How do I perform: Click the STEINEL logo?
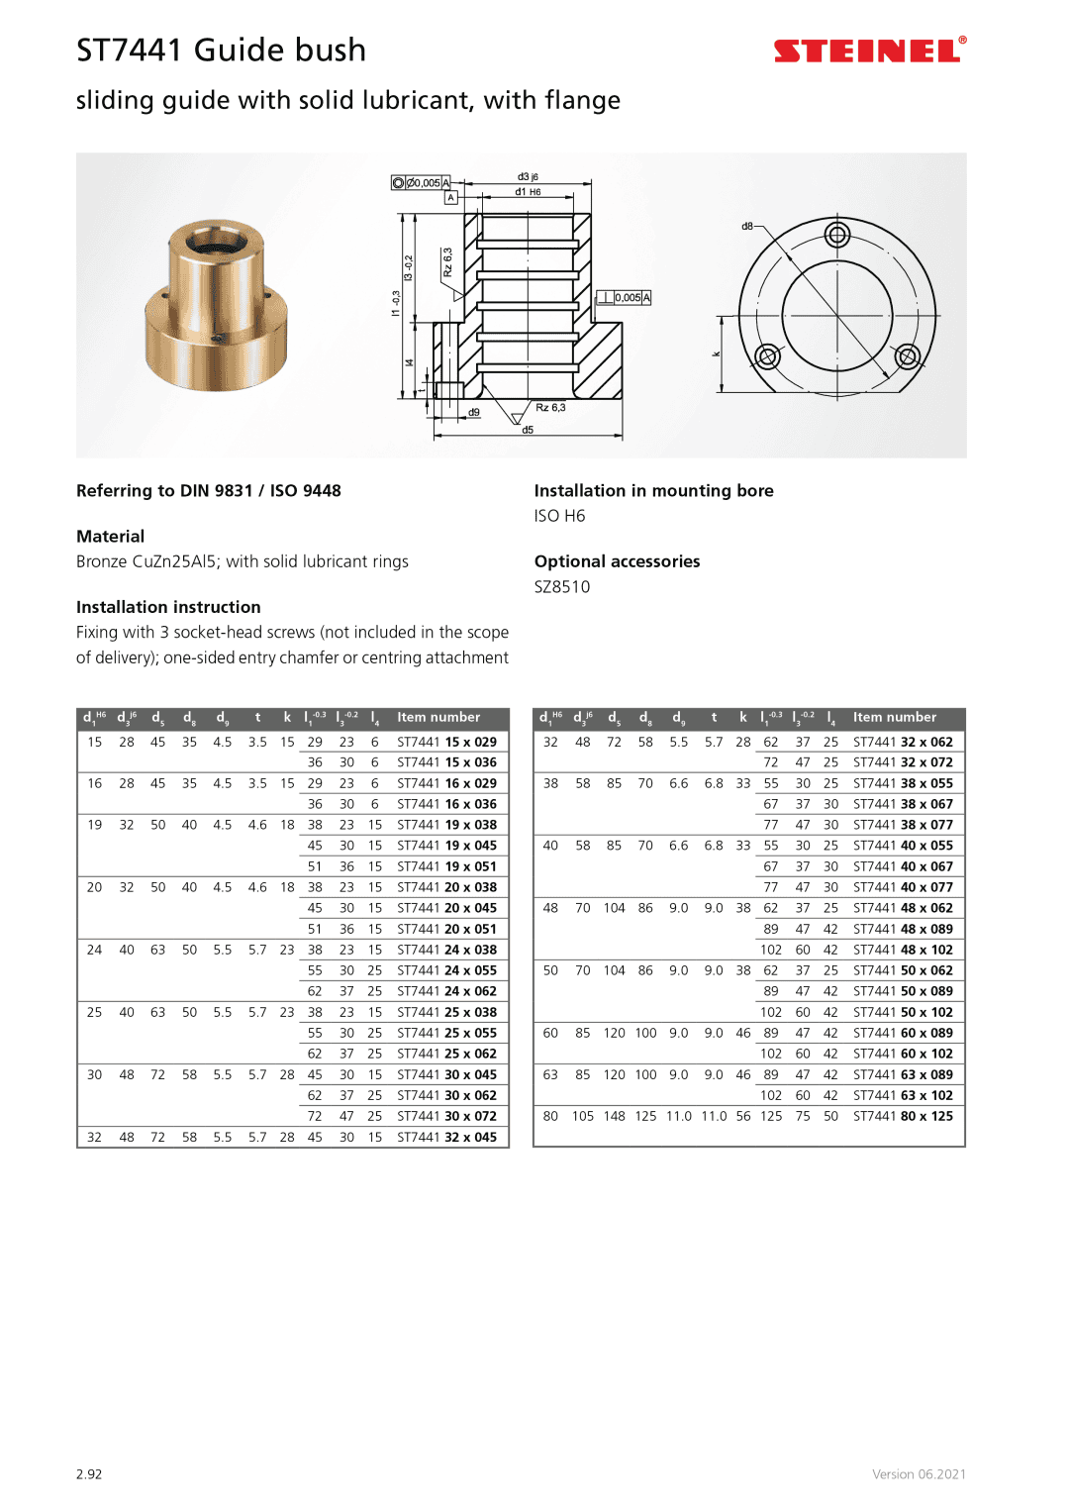(869, 50)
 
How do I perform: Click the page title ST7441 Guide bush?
(221, 50)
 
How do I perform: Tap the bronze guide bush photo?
(216, 305)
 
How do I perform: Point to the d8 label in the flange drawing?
(747, 227)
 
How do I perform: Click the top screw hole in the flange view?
(837, 235)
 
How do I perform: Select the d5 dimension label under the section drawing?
(528, 430)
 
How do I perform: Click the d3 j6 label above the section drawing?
(528, 177)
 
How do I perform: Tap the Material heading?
(110, 537)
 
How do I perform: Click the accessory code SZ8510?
(561, 587)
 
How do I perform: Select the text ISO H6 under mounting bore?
(559, 516)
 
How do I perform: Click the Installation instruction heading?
(168, 607)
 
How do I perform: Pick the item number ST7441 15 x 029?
(446, 742)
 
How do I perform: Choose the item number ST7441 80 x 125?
(903, 1116)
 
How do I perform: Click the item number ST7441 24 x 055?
(446, 970)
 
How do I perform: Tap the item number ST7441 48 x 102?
(903, 950)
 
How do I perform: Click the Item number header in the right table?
(894, 717)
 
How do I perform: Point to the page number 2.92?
(89, 1474)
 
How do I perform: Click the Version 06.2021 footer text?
(919, 1474)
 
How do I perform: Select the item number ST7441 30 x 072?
(446, 1116)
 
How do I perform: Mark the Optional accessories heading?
(617, 561)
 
